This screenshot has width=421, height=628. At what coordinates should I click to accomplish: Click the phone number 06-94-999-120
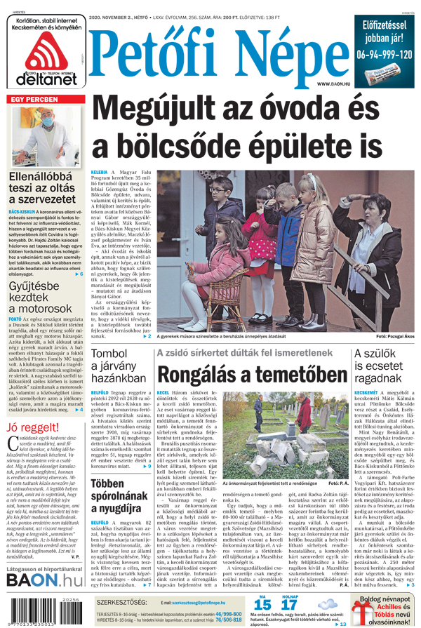[x=384, y=54]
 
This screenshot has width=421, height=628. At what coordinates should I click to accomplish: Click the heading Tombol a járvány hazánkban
[x=116, y=366]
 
